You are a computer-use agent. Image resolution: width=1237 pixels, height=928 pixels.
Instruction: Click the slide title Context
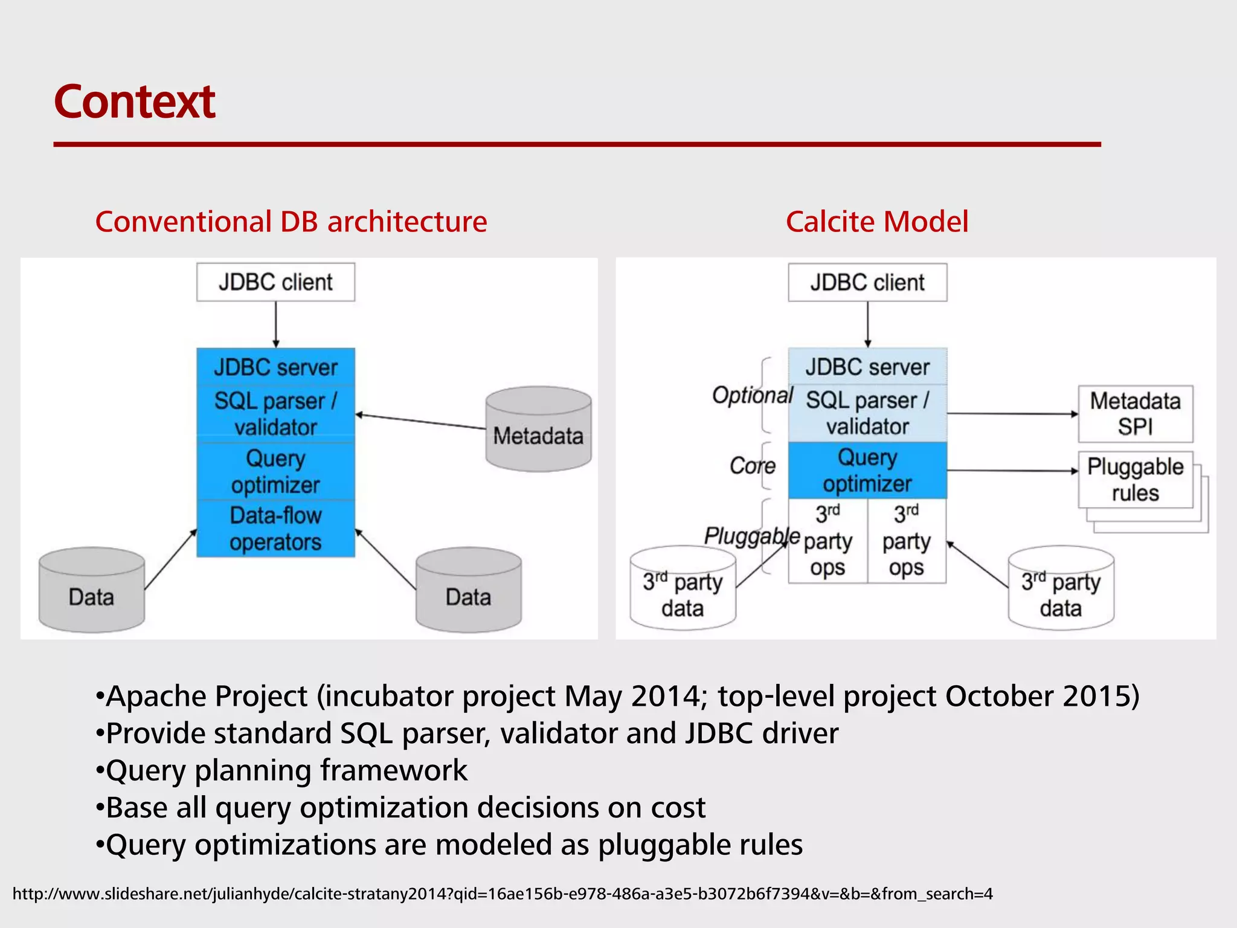point(134,101)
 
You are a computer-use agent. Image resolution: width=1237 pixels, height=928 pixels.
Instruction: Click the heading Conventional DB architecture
point(291,222)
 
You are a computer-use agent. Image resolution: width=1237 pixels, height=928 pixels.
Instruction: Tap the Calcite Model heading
point(876,222)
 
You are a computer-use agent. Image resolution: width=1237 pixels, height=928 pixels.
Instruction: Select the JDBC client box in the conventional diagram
point(275,282)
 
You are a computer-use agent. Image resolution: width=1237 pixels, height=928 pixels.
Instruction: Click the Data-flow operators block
point(275,529)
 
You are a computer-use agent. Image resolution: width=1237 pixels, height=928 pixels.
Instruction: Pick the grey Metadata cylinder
point(538,430)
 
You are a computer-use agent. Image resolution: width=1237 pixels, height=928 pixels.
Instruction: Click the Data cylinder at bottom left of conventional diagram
point(91,591)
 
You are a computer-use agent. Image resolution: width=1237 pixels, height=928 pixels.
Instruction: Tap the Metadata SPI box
point(1135,414)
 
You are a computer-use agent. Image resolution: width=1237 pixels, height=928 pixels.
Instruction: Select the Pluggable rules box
point(1135,480)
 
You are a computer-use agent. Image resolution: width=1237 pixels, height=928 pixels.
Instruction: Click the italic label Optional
point(752,395)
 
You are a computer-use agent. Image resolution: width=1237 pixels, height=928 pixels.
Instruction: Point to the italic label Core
point(752,466)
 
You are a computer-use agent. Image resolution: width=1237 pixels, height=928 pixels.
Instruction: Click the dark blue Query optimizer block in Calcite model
point(867,470)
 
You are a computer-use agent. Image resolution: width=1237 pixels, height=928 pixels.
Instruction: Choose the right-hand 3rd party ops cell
point(906,541)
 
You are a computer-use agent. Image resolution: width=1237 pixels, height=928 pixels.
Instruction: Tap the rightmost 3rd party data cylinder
point(1061,589)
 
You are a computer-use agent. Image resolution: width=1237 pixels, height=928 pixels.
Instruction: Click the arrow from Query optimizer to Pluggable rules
point(1012,470)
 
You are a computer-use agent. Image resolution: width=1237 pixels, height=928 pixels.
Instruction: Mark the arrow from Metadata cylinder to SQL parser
point(420,422)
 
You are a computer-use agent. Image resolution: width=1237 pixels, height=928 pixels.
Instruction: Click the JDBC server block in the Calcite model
point(867,367)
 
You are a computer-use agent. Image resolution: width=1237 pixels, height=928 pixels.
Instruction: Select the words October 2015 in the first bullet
point(1036,696)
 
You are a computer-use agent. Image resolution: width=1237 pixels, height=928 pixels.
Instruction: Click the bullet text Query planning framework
point(286,770)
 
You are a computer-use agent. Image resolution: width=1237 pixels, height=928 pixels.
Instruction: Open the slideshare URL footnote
point(502,894)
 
